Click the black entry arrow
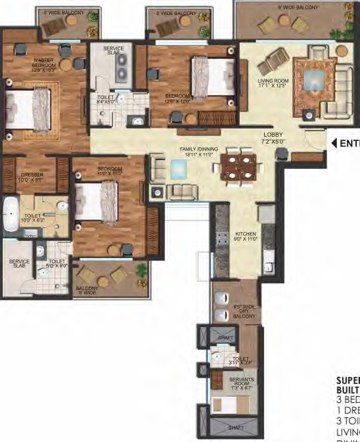point(335,143)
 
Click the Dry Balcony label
point(244,311)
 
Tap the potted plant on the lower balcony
point(141,272)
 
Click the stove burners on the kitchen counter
point(221,238)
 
